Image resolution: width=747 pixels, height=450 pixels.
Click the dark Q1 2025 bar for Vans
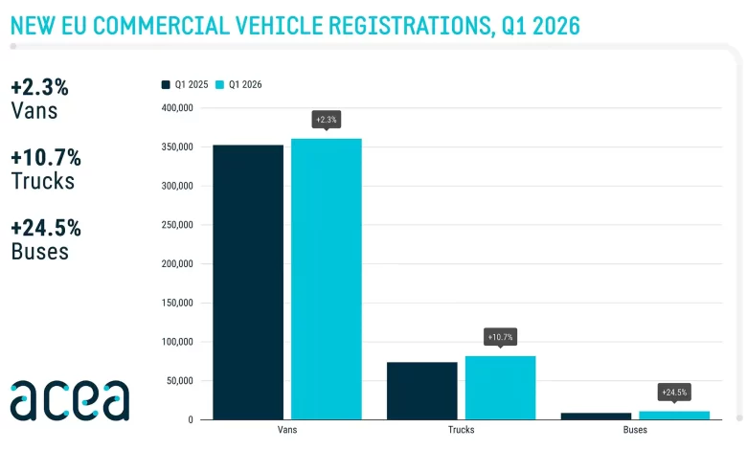tap(248, 281)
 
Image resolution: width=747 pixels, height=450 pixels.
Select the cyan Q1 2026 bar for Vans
tap(327, 279)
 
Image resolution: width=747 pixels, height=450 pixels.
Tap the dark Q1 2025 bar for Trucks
tap(422, 391)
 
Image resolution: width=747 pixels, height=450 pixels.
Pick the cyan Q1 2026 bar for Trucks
tap(501, 388)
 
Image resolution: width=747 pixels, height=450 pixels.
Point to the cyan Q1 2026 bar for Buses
tap(674, 416)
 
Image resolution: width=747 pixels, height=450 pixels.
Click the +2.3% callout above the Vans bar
tap(327, 120)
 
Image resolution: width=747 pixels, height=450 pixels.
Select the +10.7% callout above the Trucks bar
tap(501, 337)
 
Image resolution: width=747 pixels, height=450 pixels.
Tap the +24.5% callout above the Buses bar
tap(674, 393)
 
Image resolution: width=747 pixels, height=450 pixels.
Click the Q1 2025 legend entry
tap(185, 84)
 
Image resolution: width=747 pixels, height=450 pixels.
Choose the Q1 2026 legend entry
tap(238, 84)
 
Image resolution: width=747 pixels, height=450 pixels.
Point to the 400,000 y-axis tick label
tap(177, 108)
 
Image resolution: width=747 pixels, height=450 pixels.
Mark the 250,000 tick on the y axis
tap(177, 225)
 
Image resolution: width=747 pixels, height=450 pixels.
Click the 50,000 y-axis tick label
tap(180, 381)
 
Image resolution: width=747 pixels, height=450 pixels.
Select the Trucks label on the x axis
tap(461, 431)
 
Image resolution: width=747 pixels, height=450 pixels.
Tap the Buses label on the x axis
tap(634, 431)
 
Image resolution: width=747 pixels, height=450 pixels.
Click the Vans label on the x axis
tap(286, 431)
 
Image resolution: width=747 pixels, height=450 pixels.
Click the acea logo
tap(69, 400)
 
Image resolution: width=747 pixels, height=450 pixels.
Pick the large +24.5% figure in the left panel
tap(46, 228)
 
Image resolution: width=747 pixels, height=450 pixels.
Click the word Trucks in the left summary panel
tap(42, 181)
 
